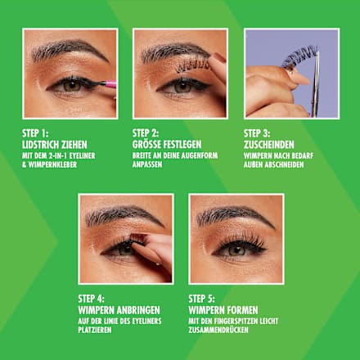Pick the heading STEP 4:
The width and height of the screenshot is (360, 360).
tap(92, 297)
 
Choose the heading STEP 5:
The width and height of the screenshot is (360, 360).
tap(203, 297)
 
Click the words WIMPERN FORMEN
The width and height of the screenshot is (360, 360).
tap(223, 308)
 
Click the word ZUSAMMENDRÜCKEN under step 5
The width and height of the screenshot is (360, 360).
tap(216, 329)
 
